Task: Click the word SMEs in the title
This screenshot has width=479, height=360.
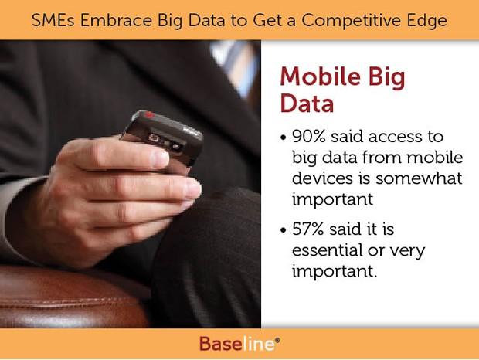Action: click(53, 20)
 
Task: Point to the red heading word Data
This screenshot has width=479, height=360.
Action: click(307, 104)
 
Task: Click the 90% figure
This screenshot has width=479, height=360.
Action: click(308, 136)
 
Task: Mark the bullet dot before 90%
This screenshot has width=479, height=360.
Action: click(284, 138)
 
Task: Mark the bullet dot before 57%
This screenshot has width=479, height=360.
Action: click(284, 230)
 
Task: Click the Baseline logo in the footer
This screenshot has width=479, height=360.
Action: click(239, 344)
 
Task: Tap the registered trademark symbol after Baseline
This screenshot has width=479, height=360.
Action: click(277, 340)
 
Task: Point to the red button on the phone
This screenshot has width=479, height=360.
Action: click(150, 114)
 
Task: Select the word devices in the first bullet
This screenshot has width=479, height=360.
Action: click(322, 178)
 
